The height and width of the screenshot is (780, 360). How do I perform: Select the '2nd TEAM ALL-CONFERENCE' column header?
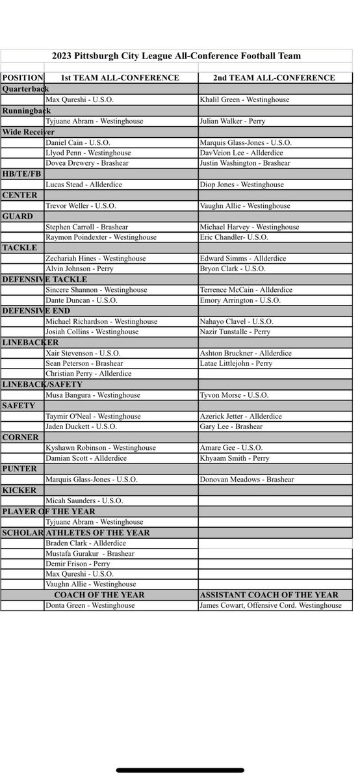pos(274,78)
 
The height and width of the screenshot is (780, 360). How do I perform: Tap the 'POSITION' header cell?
pos(23,78)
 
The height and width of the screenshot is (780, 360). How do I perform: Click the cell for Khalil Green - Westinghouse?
pos(244,99)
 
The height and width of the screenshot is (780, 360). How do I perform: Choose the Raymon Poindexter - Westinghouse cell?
pos(101,237)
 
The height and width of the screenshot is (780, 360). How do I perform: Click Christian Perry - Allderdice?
pos(89,374)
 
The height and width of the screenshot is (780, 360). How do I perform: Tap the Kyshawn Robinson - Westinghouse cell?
pos(101,448)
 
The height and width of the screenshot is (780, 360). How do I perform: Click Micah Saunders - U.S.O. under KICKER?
pos(84,500)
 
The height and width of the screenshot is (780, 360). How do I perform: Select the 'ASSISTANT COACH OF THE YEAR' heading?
pos(269,595)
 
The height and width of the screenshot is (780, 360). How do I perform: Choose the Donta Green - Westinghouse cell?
pos(90,606)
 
